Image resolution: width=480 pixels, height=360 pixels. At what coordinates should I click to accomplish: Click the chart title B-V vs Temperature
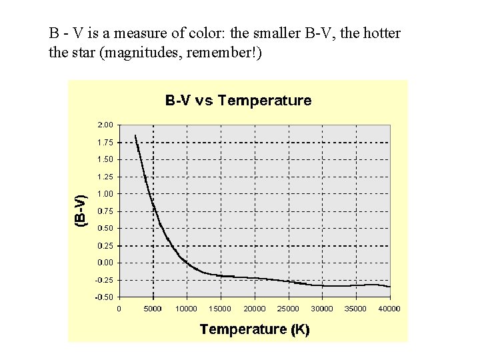238,101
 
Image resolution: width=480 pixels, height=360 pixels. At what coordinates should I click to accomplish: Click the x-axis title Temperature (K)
254,329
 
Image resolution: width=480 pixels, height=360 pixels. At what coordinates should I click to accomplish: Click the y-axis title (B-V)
79,211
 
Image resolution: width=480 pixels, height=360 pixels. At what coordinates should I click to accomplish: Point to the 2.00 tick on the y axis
106,125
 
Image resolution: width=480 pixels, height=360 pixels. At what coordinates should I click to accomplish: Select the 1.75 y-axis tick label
106,142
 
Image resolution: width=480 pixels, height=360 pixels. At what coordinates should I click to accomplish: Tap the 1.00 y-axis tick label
106,193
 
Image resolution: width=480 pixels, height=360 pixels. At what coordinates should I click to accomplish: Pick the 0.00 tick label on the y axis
106,262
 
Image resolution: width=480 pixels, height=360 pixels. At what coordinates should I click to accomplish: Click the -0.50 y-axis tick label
105,297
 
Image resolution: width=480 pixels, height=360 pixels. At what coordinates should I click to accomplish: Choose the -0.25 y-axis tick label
105,279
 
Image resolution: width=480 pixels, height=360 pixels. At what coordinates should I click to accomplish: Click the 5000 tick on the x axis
153,308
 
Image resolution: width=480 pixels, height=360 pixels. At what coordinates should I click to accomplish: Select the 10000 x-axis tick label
187,308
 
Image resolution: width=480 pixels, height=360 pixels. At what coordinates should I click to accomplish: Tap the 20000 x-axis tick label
255,308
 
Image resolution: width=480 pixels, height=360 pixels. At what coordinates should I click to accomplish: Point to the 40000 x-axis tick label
389,308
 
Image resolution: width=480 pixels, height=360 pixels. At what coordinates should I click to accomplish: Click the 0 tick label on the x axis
119,308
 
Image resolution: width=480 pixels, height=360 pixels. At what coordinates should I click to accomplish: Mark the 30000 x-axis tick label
322,308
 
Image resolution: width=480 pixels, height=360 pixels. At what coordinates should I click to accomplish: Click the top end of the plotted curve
135,135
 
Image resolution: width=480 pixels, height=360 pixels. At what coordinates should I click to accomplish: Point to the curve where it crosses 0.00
185,262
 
